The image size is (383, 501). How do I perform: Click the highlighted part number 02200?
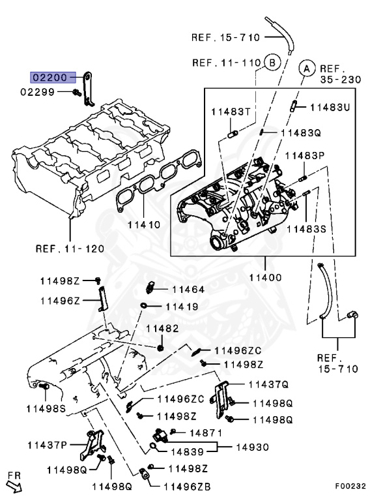(x=49, y=77)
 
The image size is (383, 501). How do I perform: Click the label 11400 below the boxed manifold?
(x=265, y=277)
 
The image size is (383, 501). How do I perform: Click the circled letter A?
(x=305, y=67)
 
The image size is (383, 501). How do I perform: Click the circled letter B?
(x=272, y=63)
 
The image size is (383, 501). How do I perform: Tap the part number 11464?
(x=188, y=289)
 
